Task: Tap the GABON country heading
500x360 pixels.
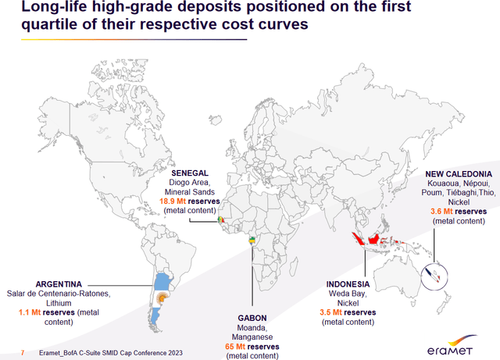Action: (x=250, y=318)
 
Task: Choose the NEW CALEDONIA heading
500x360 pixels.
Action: (x=458, y=173)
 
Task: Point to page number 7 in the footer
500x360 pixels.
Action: (x=22, y=353)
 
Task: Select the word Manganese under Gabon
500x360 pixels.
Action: (x=250, y=337)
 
